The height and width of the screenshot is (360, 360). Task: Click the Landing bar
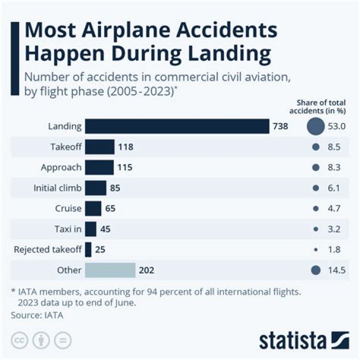click(x=177, y=126)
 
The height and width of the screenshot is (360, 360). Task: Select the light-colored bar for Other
click(x=110, y=270)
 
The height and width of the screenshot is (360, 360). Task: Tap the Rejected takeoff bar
click(x=88, y=249)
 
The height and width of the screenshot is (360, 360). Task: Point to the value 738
click(x=280, y=126)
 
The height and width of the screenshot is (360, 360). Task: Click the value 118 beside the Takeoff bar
click(x=125, y=147)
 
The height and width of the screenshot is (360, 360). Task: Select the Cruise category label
click(x=68, y=208)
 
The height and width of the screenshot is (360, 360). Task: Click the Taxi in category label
click(x=67, y=229)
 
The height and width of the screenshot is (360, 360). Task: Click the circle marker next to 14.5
click(x=315, y=270)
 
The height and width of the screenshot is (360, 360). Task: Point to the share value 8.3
click(x=333, y=167)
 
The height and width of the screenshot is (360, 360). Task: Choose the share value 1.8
click(x=333, y=249)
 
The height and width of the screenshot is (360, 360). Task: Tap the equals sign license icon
click(x=62, y=340)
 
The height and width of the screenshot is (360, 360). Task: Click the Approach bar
click(x=99, y=167)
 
